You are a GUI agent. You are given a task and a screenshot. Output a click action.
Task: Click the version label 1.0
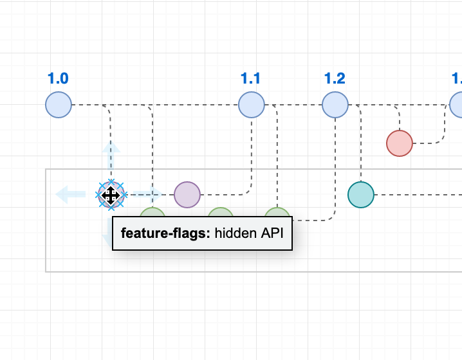pyautogui.click(x=58, y=79)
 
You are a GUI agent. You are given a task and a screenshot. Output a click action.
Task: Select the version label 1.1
pyautogui.click(x=250, y=79)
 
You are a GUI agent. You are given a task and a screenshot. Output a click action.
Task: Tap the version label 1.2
pyautogui.click(x=335, y=79)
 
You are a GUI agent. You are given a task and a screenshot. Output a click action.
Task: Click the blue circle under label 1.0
pyautogui.click(x=59, y=105)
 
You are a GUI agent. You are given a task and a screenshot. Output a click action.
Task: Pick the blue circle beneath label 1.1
pyautogui.click(x=251, y=105)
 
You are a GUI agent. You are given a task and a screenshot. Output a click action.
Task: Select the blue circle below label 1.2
pyautogui.click(x=335, y=105)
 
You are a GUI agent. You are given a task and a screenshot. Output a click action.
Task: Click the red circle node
pyautogui.click(x=400, y=143)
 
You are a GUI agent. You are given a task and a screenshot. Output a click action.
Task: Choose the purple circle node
pyautogui.click(x=187, y=194)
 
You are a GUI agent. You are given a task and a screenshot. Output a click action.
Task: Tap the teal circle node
pyautogui.click(x=361, y=194)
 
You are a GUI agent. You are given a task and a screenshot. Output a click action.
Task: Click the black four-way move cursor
pyautogui.click(x=111, y=195)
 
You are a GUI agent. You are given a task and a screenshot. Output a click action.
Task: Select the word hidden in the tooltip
pyautogui.click(x=236, y=234)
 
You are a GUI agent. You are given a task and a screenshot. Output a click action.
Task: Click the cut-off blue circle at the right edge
pyautogui.click(x=457, y=105)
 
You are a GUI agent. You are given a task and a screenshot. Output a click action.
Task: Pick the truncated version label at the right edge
pyautogui.click(x=457, y=79)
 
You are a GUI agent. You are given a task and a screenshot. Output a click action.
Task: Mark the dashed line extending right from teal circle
pyautogui.click(x=418, y=194)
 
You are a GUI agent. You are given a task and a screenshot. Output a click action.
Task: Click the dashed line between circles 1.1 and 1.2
pyautogui.click(x=293, y=105)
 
